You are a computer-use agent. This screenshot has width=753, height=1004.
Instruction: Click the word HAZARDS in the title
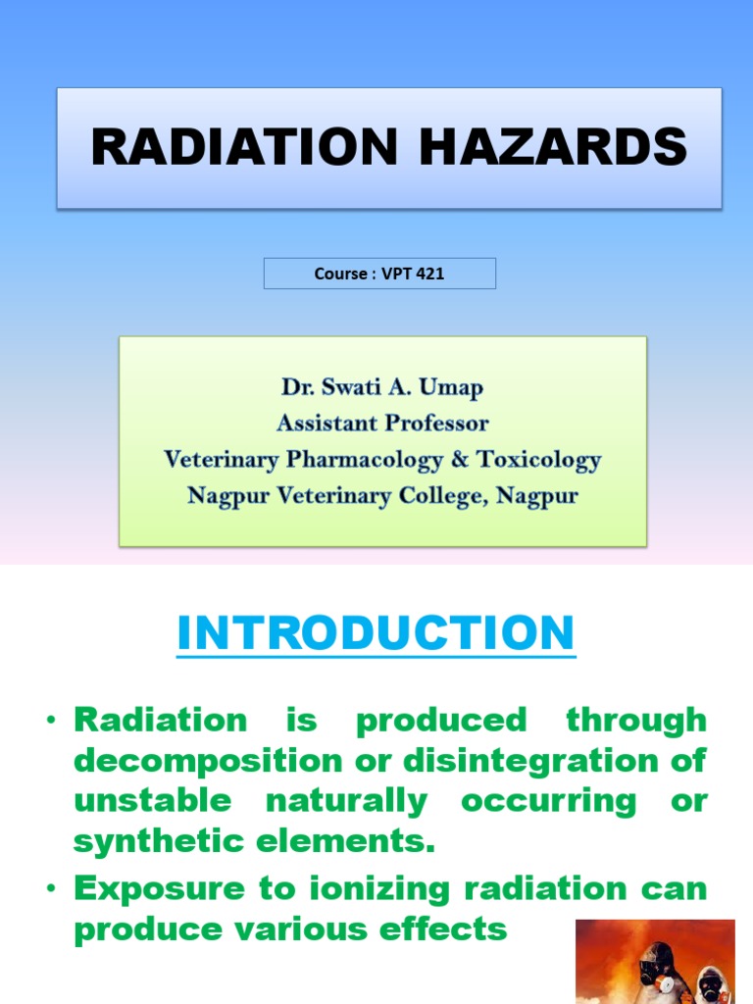coord(555,148)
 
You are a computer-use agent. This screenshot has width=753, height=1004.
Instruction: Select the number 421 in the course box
coord(429,274)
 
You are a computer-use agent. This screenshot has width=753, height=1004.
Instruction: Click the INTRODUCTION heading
coord(376,633)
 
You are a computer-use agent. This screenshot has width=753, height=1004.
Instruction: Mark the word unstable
coord(153,801)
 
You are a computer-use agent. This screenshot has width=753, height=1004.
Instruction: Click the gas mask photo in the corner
coord(655,961)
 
